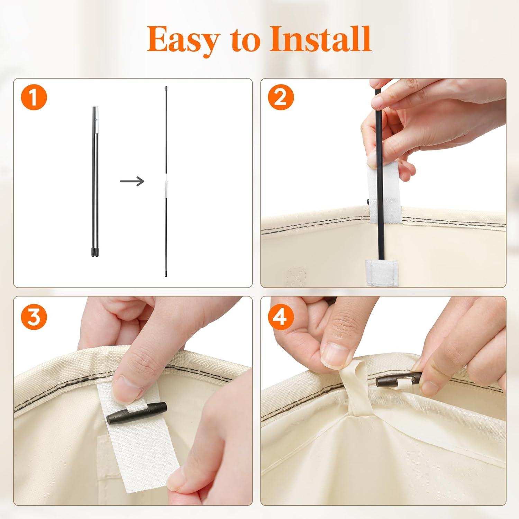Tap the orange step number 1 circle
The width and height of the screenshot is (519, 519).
(x=34, y=98)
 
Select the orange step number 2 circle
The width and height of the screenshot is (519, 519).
(x=281, y=98)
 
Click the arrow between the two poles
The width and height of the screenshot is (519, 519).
(x=132, y=181)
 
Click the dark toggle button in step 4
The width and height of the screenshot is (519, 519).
(x=399, y=380)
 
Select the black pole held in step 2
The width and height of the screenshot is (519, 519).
(x=380, y=173)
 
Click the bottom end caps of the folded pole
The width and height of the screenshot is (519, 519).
(x=94, y=252)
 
